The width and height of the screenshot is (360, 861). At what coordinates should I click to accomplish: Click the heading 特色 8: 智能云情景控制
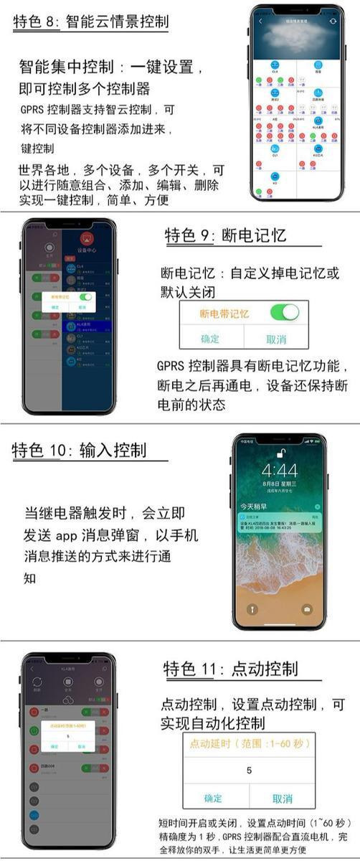90,22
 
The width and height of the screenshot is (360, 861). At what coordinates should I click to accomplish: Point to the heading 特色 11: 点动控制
230,669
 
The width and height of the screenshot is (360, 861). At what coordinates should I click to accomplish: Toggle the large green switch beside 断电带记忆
284,312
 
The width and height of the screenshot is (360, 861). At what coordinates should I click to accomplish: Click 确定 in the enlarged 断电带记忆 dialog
210,338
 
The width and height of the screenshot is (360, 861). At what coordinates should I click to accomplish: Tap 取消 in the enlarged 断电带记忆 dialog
275,338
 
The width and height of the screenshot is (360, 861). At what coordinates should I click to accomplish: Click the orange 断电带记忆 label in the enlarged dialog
224,314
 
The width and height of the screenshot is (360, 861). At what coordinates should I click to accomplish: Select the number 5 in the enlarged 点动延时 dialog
249,771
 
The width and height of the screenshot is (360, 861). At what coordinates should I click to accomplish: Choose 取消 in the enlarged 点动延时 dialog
282,798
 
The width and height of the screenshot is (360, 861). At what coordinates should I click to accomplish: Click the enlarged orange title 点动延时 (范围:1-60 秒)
249,744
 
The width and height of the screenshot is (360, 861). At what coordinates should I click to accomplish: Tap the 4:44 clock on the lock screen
279,471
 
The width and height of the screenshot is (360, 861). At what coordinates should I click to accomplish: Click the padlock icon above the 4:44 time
279,452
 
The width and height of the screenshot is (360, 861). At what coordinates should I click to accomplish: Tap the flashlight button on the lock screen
252,609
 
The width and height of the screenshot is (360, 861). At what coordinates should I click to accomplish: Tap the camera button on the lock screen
307,609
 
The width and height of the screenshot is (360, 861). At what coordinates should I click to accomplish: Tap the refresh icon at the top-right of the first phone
333,22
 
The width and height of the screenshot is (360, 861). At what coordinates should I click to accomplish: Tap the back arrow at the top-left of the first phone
260,22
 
